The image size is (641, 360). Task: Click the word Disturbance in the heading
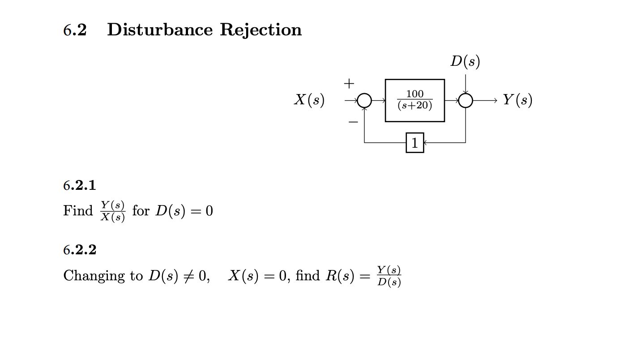point(160,30)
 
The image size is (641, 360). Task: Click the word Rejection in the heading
point(261,30)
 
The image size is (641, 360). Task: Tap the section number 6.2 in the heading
point(75,30)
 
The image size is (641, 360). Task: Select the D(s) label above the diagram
point(465,61)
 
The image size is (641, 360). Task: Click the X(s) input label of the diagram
point(309,100)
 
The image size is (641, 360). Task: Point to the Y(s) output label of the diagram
point(517,100)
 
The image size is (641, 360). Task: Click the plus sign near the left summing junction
point(349,83)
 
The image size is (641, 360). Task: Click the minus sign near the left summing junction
point(353,121)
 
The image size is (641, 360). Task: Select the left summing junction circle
point(364,101)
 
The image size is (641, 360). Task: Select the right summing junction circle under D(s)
point(466,101)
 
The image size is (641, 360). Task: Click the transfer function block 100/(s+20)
point(415,100)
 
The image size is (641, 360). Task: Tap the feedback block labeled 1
point(415,143)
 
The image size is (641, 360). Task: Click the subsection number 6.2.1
point(80,185)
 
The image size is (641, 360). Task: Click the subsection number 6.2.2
point(80,249)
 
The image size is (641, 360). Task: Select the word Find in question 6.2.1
point(78,210)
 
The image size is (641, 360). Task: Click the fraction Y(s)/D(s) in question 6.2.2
point(389,276)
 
